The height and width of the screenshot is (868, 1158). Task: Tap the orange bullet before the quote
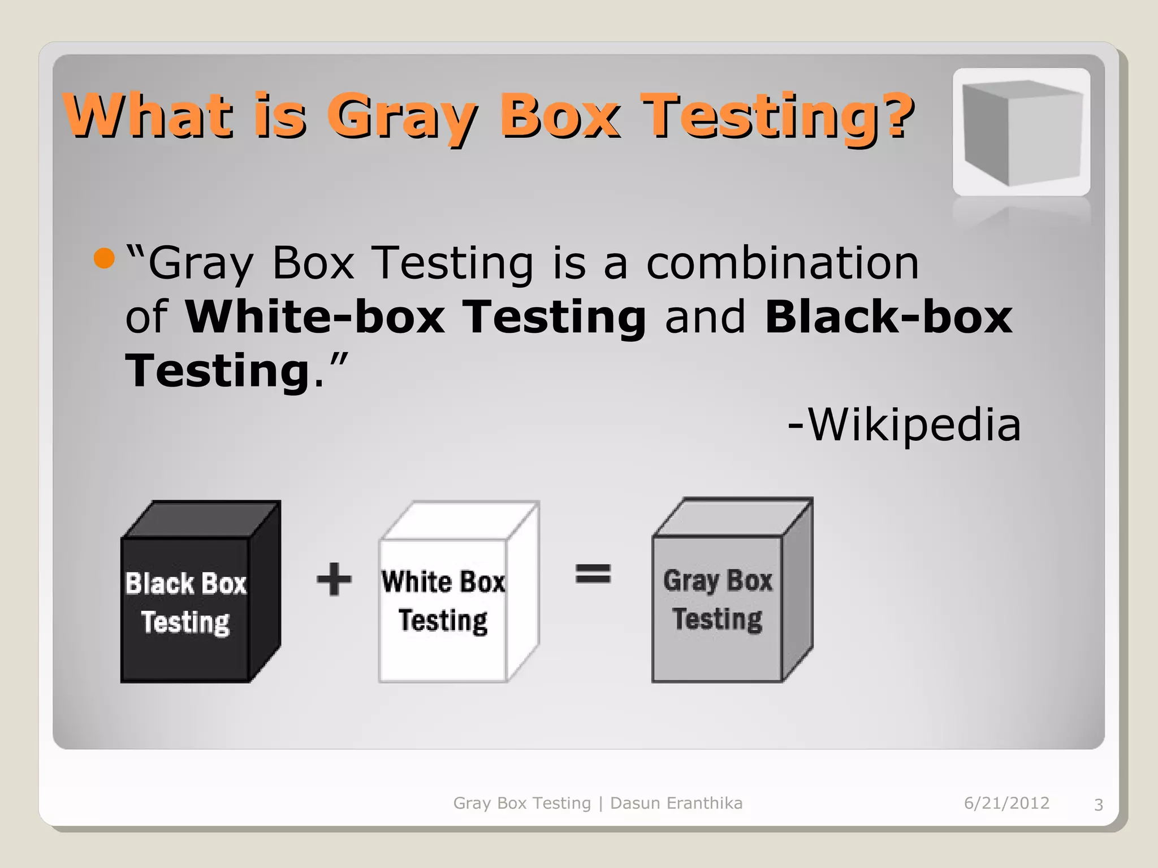[x=104, y=259]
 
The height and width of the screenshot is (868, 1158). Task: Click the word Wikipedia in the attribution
[x=914, y=425]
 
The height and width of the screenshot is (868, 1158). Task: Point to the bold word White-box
[x=315, y=317]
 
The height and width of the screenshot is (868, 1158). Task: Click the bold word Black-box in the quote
[x=888, y=317]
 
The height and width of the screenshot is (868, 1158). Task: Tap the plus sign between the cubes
[x=334, y=579]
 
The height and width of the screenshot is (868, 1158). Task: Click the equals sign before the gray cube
[x=593, y=574]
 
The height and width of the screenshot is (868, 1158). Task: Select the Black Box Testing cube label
[x=185, y=603]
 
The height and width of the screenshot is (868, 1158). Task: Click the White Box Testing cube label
[x=443, y=601]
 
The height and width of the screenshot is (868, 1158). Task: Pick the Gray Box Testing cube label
[x=718, y=600]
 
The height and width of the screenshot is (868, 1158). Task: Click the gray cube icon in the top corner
[x=1021, y=132]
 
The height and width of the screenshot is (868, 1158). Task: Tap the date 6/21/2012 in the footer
[x=1006, y=803]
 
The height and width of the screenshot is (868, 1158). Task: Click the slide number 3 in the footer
[x=1098, y=805]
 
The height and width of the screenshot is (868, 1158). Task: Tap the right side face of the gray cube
[x=798, y=591]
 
